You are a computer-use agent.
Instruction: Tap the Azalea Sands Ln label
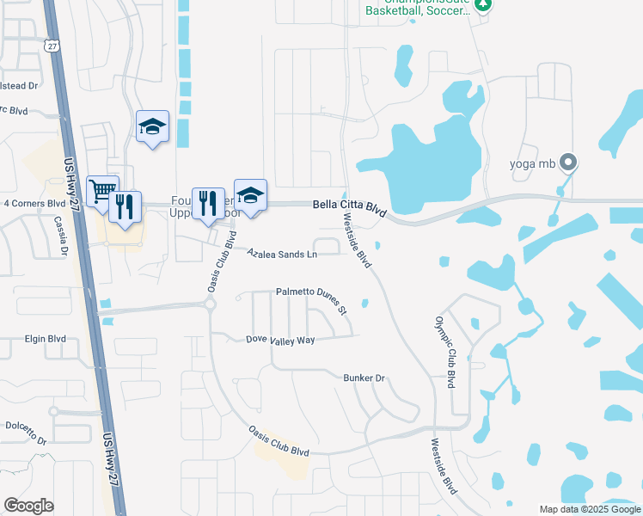(283, 255)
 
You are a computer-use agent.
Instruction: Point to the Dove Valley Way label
(280, 341)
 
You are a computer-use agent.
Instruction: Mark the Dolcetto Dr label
(23, 426)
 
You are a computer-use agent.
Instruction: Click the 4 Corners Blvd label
(34, 204)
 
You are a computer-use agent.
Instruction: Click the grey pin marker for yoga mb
(566, 162)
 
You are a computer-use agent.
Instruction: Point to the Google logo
(29, 506)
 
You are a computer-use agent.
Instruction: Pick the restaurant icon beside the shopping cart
(126, 207)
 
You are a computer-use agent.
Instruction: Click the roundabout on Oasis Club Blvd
(210, 304)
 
